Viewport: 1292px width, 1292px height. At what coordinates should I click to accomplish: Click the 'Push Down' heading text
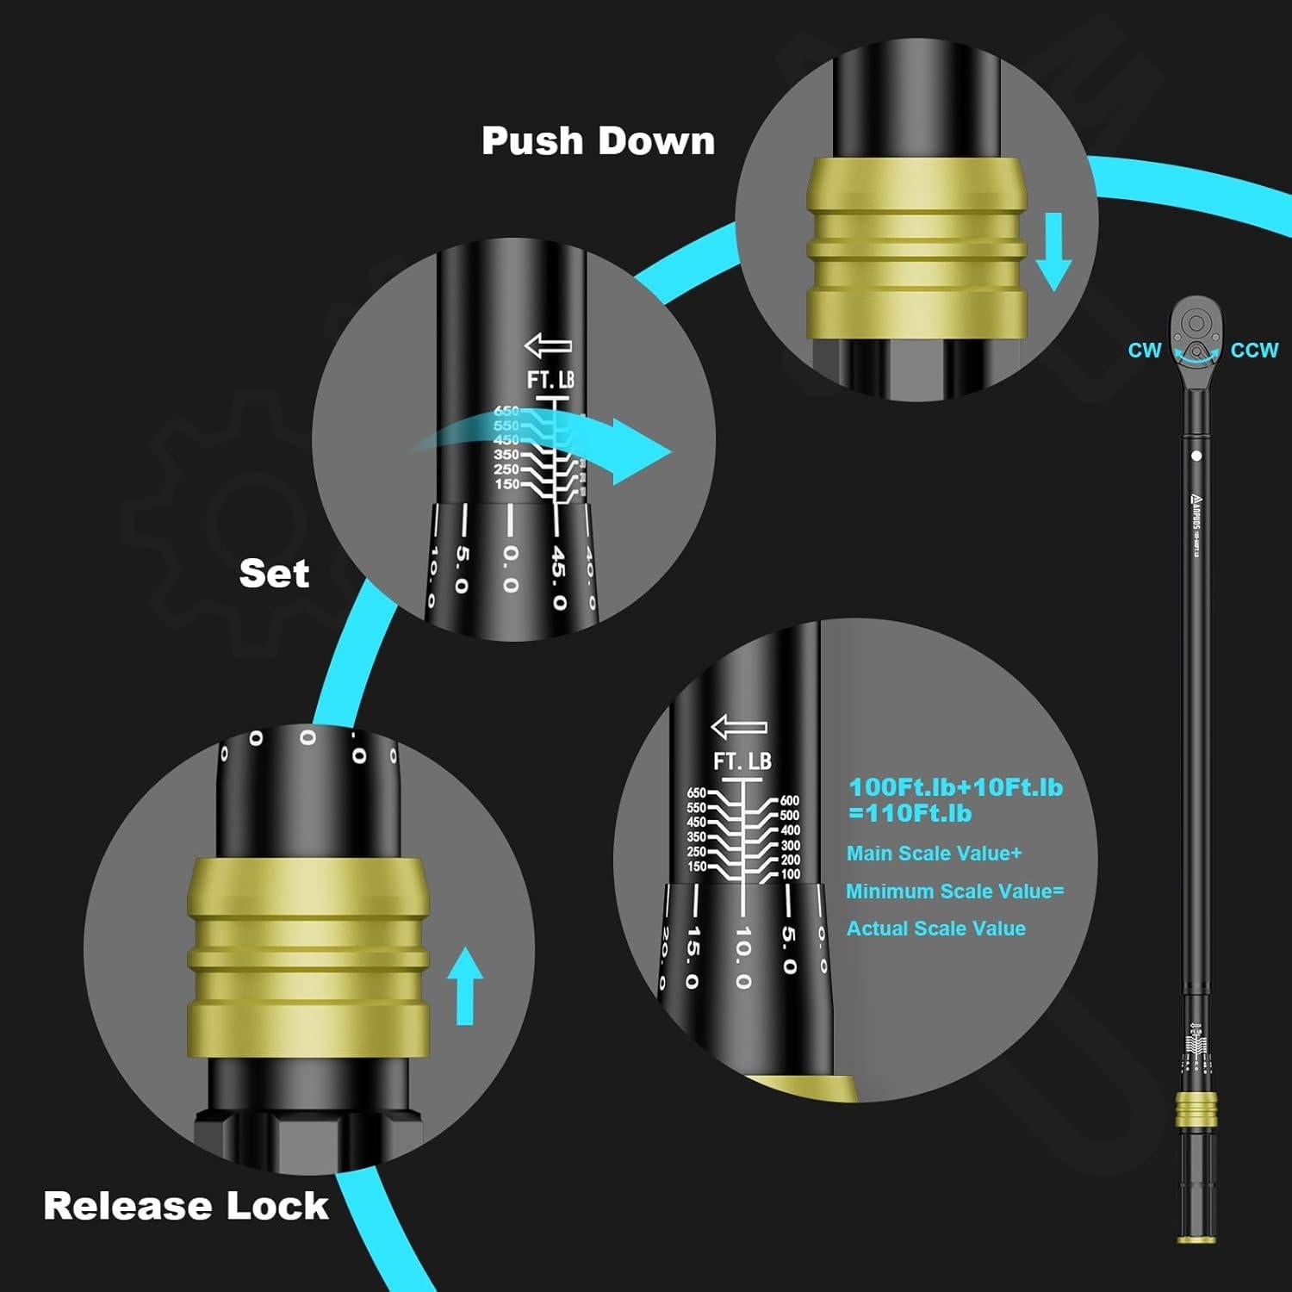(598, 140)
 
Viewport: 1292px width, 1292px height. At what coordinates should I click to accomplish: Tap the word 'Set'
(274, 574)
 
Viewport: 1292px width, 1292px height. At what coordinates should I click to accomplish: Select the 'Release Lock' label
(186, 1206)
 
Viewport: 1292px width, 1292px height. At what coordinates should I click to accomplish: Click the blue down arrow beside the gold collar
(1053, 252)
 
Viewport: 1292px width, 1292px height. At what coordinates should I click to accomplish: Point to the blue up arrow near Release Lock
(465, 985)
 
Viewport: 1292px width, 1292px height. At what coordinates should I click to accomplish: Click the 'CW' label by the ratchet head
(1144, 351)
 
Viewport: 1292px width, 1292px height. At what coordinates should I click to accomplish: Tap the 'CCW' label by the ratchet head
(1253, 351)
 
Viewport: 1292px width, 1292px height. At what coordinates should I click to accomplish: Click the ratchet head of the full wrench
(1196, 332)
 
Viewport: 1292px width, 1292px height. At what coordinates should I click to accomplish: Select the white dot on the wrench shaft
(1196, 456)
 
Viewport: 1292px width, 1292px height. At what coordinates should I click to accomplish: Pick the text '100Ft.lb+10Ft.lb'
(955, 787)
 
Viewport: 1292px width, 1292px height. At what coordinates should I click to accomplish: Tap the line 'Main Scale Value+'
(934, 854)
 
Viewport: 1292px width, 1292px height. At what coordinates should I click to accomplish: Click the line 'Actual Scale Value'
(935, 929)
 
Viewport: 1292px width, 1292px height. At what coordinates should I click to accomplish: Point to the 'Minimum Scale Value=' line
(954, 891)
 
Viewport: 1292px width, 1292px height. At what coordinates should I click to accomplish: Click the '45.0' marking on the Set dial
(559, 577)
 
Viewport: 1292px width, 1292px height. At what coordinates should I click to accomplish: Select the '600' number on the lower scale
(789, 801)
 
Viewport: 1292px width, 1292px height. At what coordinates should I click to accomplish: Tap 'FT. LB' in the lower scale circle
(742, 761)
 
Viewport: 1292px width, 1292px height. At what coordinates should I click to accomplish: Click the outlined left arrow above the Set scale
(549, 346)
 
